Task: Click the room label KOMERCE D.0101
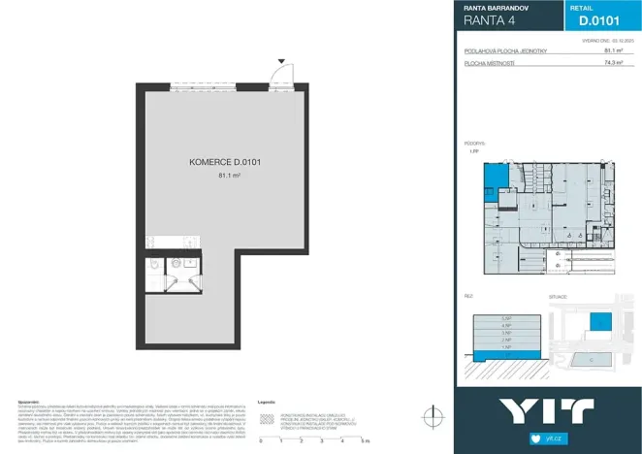[x=226, y=164]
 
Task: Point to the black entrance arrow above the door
[x=281, y=61]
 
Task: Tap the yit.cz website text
[x=556, y=438]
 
